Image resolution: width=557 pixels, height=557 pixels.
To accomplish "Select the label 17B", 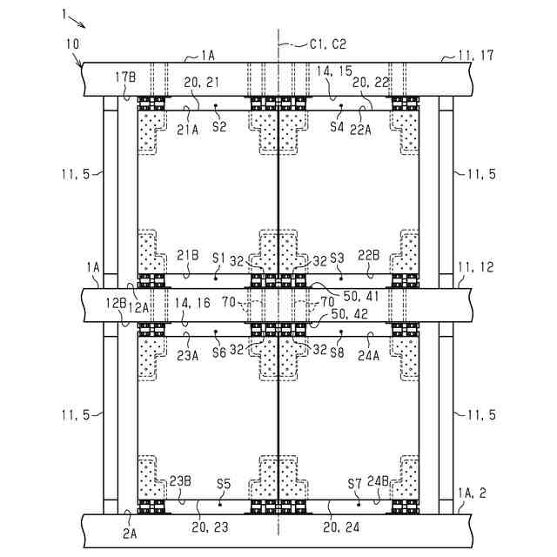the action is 126,76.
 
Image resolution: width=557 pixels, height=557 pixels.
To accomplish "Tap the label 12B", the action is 116,303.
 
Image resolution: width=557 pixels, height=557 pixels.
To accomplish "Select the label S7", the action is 354,482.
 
